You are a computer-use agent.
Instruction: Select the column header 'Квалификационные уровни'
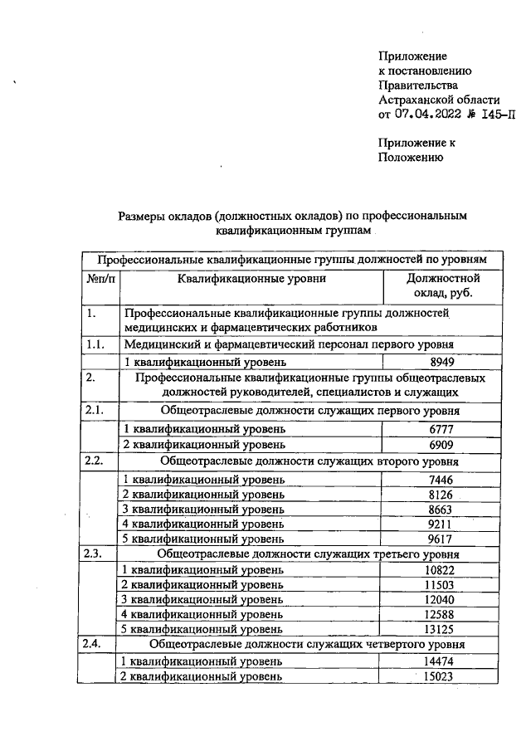pyautogui.click(x=251, y=279)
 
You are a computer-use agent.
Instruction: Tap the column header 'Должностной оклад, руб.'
pyautogui.click(x=442, y=286)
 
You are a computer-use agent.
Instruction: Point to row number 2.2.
pyautogui.click(x=96, y=461)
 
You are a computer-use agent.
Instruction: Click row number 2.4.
pyautogui.click(x=96, y=643)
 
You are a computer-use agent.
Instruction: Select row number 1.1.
pyautogui.click(x=96, y=344)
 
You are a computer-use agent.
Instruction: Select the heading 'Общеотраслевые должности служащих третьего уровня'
pyautogui.click(x=309, y=553)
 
